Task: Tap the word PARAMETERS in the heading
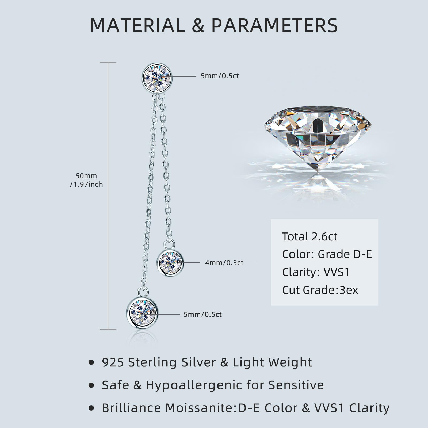click(275, 25)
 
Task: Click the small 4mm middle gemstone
click(170, 263)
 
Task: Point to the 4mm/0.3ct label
click(224, 263)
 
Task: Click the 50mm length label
click(86, 176)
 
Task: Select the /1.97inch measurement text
click(86, 184)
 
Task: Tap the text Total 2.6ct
click(310, 236)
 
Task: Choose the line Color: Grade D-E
click(327, 254)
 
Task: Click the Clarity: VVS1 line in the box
click(316, 272)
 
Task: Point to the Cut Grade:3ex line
click(320, 290)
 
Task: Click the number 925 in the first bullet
click(113, 362)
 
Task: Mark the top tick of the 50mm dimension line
click(108, 63)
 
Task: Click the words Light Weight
click(272, 363)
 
